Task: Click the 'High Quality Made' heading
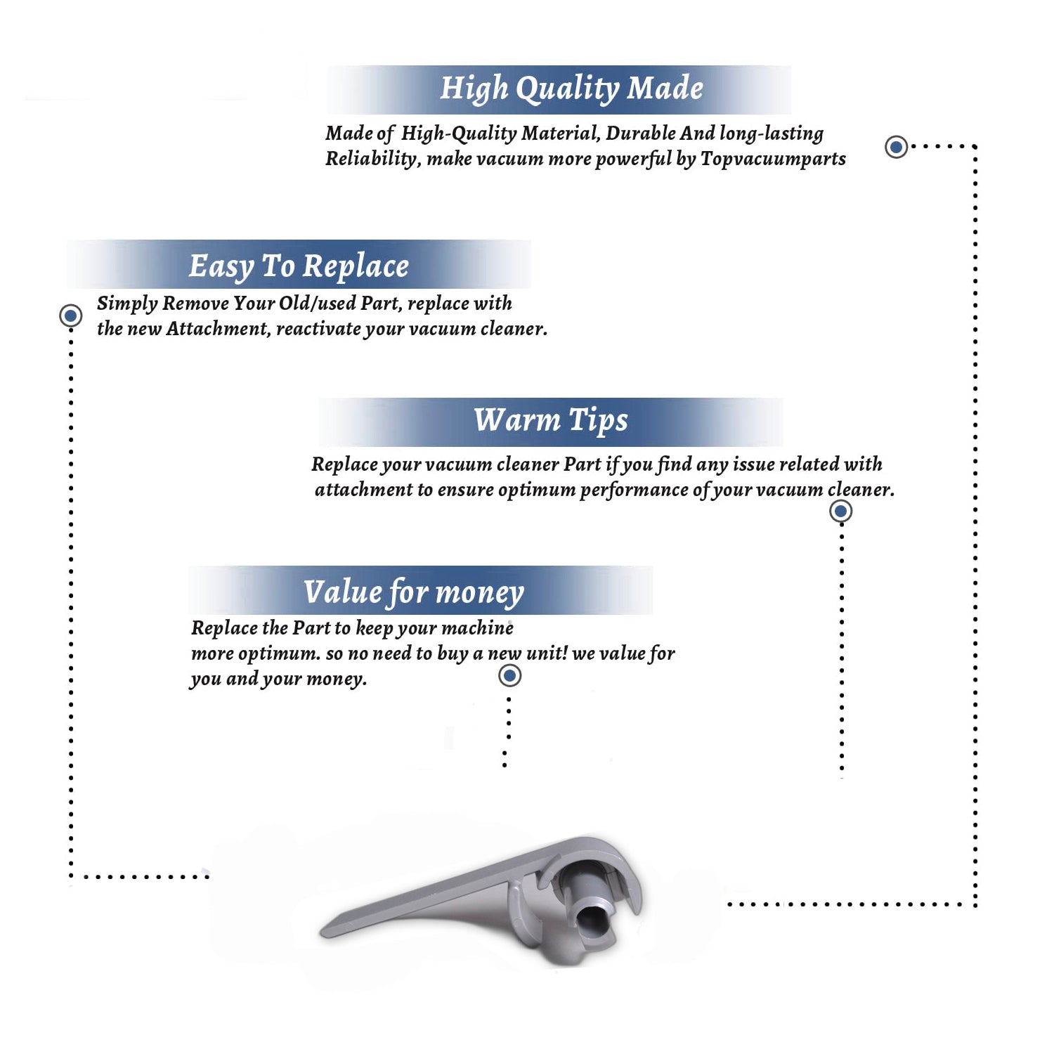[571, 89]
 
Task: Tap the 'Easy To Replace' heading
[299, 266]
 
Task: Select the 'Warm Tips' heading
[550, 420]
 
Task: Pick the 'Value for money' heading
[413, 592]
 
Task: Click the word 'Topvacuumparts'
[773, 160]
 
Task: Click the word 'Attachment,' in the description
[219, 329]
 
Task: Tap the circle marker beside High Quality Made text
[896, 147]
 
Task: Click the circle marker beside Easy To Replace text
[70, 315]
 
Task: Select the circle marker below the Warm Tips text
[841, 511]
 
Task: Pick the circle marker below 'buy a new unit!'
[509, 676]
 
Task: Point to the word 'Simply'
[127, 304]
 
